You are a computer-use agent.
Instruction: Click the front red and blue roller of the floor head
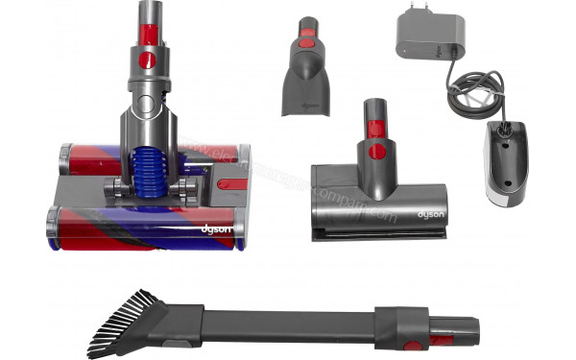144,228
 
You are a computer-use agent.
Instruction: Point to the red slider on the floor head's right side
231,182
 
